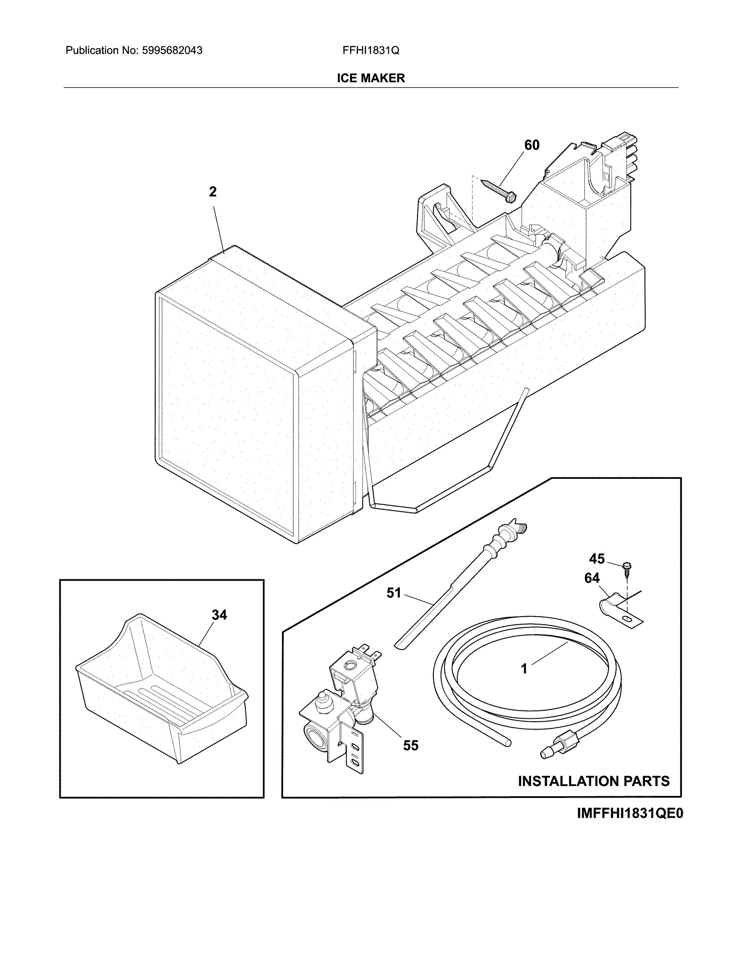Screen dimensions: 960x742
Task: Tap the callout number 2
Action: (213, 192)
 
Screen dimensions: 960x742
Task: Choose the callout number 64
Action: (592, 578)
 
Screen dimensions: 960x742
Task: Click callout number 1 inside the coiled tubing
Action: (524, 669)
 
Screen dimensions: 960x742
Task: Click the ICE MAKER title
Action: (370, 78)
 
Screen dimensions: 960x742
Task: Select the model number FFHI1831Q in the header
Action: (370, 51)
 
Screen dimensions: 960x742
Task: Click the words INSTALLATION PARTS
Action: (593, 781)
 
